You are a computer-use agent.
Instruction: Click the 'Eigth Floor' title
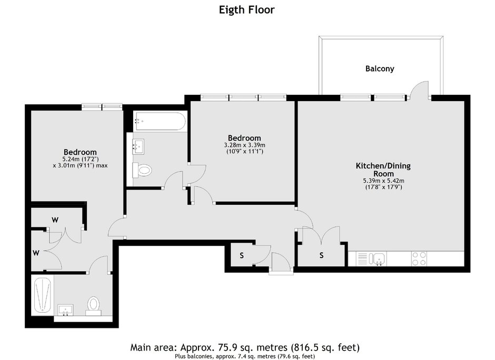[246, 10]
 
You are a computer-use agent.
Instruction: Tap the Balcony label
[380, 69]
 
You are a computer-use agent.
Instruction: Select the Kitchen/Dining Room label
[383, 170]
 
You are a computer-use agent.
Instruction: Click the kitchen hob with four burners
[419, 258]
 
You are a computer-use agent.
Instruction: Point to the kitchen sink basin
[379, 258]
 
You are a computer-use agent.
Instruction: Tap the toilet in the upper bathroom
[142, 171]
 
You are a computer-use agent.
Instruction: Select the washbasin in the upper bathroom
[138, 146]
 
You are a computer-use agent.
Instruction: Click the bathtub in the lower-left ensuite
[42, 295]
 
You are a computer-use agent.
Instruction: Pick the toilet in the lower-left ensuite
[93, 306]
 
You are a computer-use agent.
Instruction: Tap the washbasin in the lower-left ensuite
[66, 310]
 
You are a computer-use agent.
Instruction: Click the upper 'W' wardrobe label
[55, 220]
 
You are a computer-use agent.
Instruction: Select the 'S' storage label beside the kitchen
[321, 255]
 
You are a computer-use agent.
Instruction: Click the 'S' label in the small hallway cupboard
[242, 256]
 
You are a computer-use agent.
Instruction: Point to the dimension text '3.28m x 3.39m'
[245, 145]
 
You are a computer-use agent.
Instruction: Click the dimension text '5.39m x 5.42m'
[383, 181]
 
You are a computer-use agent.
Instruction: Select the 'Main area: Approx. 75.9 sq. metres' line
[209, 348]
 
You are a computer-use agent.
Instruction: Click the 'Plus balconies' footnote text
[245, 356]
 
